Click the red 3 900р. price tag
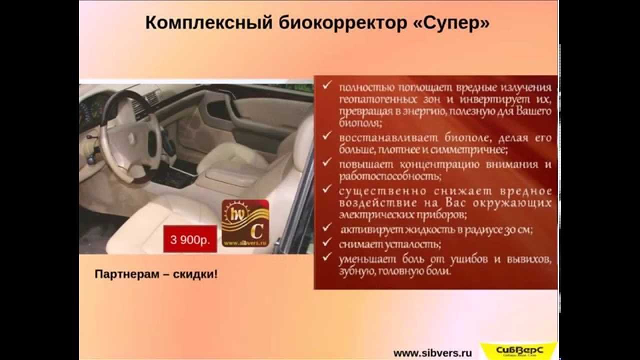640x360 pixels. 190,239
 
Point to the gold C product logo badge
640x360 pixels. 245,222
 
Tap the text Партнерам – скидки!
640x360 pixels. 156,274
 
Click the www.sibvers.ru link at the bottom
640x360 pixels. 432,352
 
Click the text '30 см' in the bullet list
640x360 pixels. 520,230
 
